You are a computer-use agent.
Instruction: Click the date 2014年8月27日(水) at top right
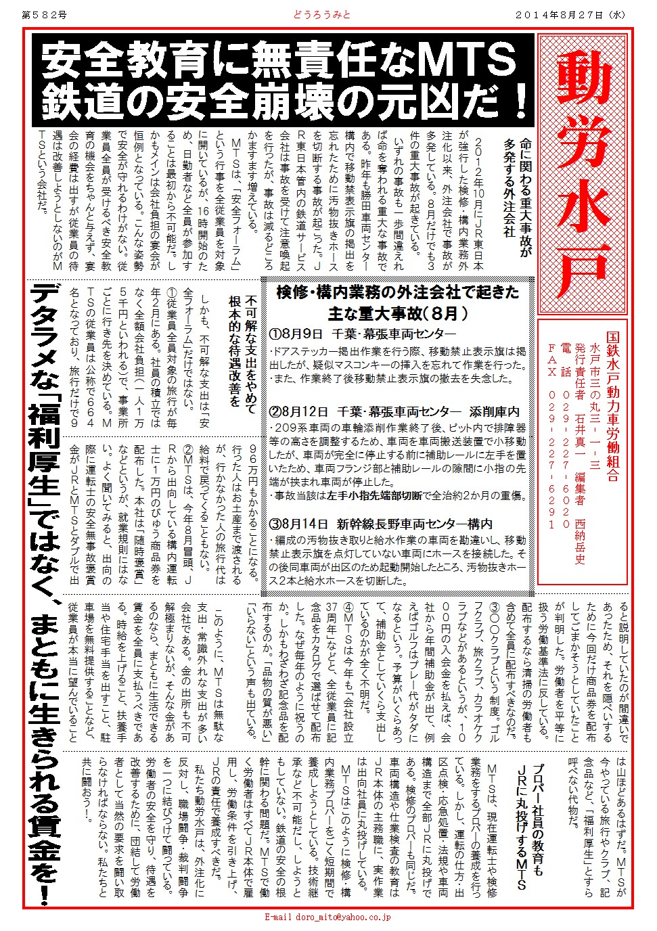pos(572,14)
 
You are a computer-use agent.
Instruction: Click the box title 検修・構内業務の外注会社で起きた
pos(398,292)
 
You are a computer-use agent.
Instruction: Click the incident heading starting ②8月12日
pos(394,411)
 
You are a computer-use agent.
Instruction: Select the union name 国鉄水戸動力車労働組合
pos(612,406)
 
